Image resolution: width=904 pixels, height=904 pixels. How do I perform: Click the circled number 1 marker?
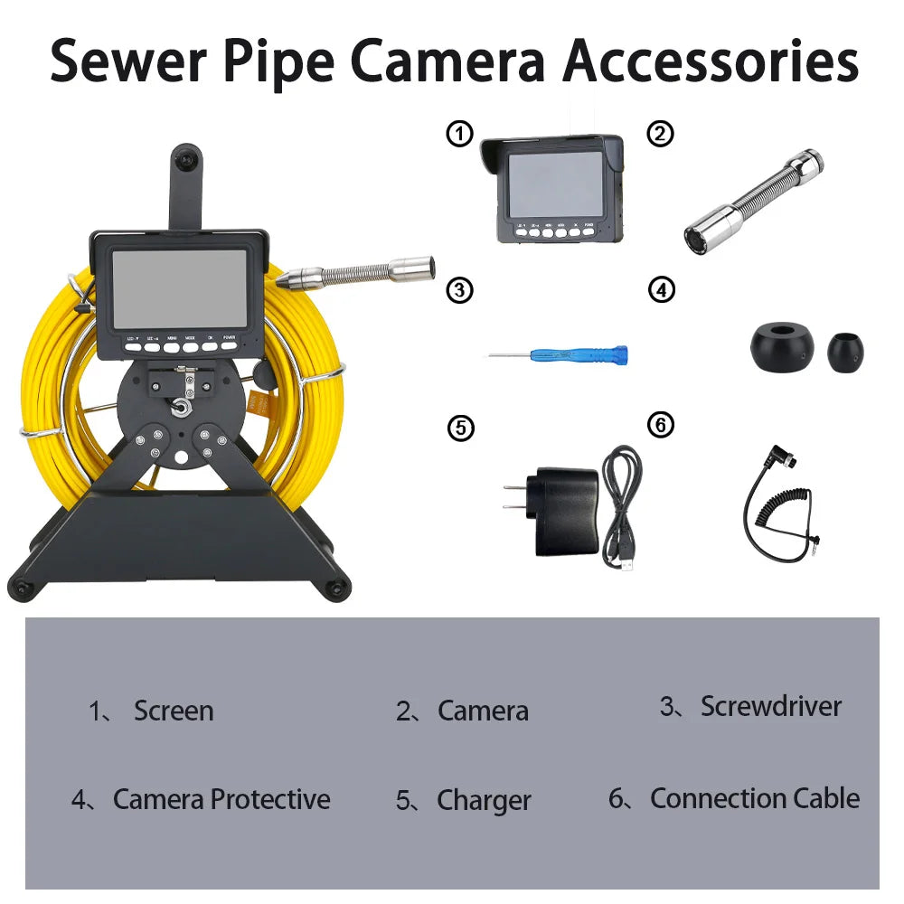460,135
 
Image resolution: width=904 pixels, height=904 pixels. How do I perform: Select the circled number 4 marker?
663,290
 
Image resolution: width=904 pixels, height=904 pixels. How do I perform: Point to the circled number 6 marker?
661,424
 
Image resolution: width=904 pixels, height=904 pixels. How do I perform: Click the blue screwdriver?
560,354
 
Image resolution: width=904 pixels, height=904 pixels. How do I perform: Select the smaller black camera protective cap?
845,350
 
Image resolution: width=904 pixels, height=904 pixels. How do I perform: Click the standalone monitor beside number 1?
552,187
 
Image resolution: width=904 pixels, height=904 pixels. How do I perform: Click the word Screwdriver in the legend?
770,706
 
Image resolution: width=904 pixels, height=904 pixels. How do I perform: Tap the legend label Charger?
484,800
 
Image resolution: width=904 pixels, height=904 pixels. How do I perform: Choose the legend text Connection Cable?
754,798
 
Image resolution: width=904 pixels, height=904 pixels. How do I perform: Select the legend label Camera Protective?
221,799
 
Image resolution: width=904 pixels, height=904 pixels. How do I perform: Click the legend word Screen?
174,711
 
